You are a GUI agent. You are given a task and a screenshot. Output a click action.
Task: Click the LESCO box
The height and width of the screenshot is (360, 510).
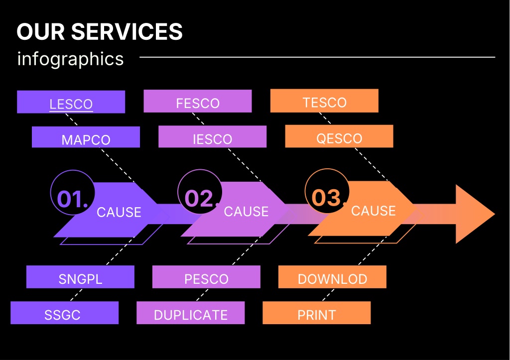pyautogui.click(x=71, y=102)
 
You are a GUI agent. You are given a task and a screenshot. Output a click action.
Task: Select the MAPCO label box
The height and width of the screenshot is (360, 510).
pyautogui.click(x=86, y=137)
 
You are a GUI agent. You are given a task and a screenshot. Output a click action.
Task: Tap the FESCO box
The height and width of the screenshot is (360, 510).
pyautogui.click(x=198, y=101)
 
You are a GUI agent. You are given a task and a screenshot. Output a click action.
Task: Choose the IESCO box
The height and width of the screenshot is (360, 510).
pyautogui.click(x=212, y=136)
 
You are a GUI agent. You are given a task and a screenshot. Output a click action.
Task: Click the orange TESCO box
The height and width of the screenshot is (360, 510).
pyautogui.click(x=324, y=101)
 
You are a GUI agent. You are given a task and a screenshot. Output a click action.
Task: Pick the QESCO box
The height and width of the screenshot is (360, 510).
pyautogui.click(x=339, y=136)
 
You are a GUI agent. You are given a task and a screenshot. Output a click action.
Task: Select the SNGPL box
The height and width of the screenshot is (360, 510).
pyautogui.click(x=80, y=277)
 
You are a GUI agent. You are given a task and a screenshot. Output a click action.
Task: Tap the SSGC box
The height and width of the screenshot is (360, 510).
pyautogui.click(x=64, y=313)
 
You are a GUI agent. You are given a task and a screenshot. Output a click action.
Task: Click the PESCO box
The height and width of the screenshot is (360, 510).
pyautogui.click(x=206, y=277)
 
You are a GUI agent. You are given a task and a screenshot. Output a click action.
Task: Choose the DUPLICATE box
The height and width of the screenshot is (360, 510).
pyautogui.click(x=191, y=313)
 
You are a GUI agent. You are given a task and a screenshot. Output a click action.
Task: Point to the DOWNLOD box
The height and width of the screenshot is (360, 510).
pyautogui.click(x=332, y=277)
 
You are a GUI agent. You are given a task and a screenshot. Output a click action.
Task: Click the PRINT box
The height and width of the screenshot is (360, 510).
pyautogui.click(x=316, y=313)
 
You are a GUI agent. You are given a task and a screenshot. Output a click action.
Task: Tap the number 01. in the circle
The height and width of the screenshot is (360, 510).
pyautogui.click(x=72, y=199)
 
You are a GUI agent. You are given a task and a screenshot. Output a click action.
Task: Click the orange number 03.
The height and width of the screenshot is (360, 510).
pyautogui.click(x=327, y=198)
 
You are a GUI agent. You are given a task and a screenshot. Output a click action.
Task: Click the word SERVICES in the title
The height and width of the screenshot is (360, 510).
pyautogui.click(x=127, y=31)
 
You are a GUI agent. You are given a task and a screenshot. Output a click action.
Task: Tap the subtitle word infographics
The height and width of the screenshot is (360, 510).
pyautogui.click(x=70, y=59)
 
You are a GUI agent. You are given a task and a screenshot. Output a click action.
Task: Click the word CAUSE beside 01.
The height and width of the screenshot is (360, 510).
pyautogui.click(x=119, y=212)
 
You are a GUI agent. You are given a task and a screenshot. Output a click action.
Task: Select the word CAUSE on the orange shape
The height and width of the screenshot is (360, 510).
pyautogui.click(x=374, y=211)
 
